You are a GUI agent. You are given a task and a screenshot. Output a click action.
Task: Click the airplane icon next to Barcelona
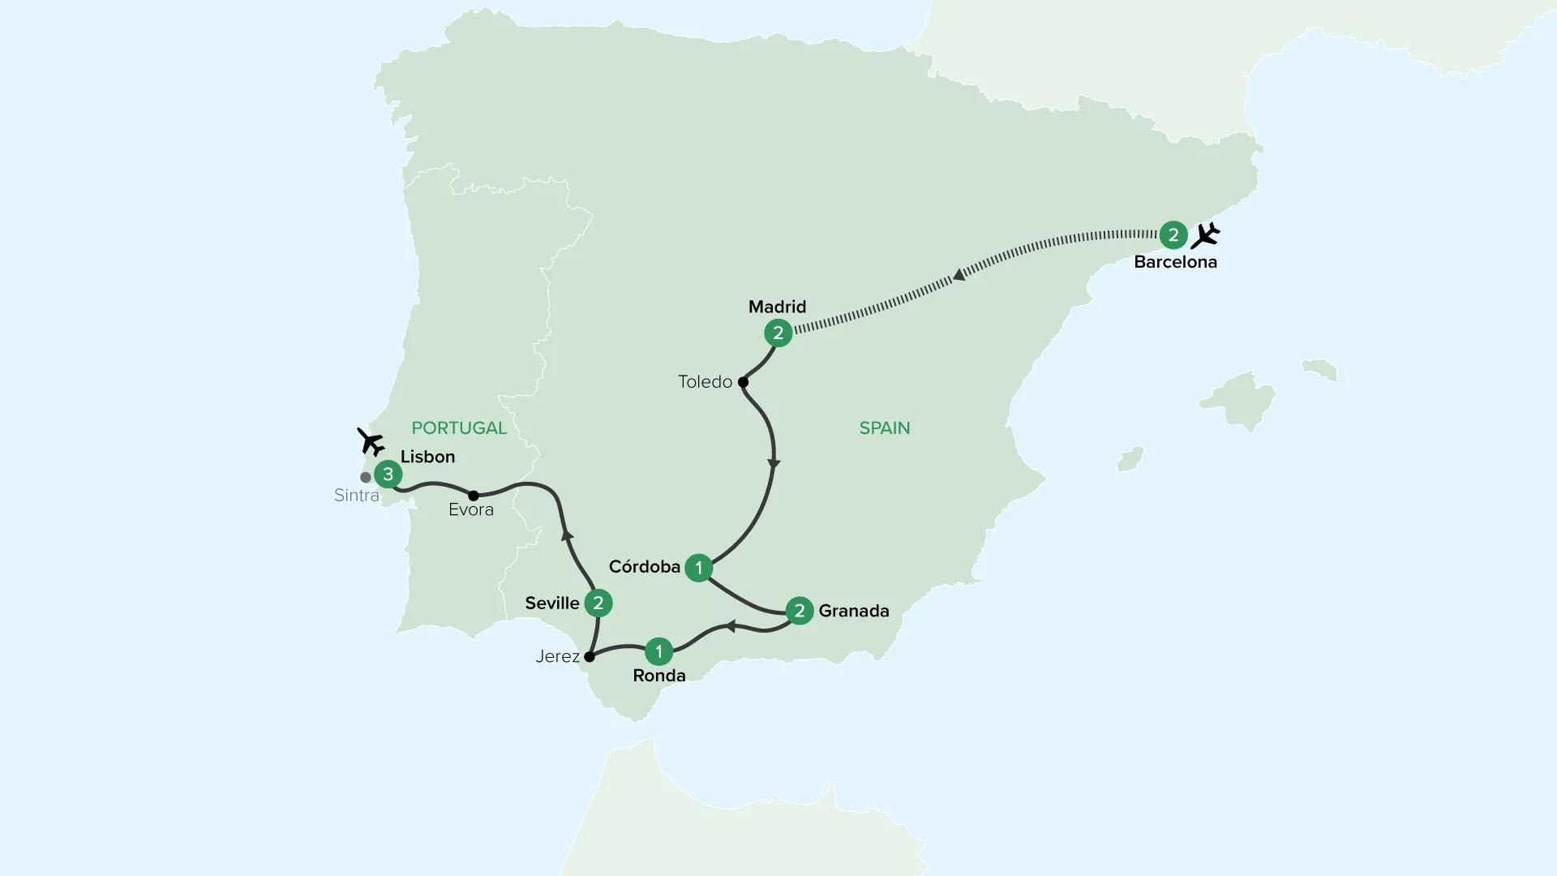coord(1206,235)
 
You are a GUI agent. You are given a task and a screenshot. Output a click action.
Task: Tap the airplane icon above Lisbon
coord(371,442)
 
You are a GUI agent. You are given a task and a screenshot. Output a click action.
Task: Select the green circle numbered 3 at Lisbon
coord(388,474)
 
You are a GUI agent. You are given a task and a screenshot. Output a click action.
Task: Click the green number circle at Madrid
coord(778,333)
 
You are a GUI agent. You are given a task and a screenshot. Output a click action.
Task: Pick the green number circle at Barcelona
coord(1173,235)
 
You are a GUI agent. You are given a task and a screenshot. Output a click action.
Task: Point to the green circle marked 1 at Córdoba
coord(699,568)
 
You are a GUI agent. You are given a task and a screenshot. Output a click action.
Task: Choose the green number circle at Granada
coord(800,611)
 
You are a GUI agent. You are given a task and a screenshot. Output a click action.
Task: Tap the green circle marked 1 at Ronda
coord(659,651)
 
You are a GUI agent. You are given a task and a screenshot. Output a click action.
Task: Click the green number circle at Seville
coord(598,603)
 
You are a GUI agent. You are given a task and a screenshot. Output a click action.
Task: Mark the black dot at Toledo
coord(743,382)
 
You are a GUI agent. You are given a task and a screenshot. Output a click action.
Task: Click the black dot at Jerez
coord(590,656)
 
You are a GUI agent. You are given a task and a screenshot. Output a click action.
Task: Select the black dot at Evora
coord(474,495)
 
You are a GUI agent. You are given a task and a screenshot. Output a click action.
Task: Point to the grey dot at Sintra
coord(366,478)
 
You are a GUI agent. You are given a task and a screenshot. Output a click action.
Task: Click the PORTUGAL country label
coord(459,428)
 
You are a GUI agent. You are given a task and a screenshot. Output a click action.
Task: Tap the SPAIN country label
coord(885,428)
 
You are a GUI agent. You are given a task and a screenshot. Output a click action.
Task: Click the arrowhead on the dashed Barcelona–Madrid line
coord(959,275)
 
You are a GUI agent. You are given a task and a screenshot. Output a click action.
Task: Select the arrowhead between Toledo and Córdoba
coord(774,464)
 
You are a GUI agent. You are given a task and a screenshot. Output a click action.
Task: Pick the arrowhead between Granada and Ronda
coord(730,626)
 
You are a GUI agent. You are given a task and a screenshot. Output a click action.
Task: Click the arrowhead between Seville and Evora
coord(568,534)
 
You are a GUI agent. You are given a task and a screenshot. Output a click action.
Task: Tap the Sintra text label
coord(357,496)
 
